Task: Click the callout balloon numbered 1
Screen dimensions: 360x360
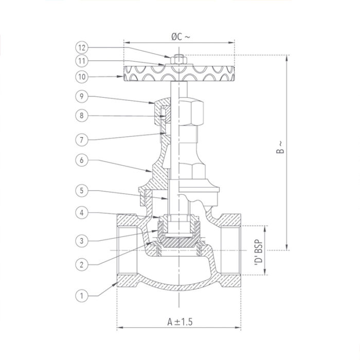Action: [81, 295]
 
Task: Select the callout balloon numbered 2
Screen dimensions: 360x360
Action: [81, 264]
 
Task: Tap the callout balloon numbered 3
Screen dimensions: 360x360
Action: [81, 240]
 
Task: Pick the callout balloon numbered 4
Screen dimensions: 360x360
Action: [81, 212]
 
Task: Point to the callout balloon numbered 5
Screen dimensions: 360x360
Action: [81, 191]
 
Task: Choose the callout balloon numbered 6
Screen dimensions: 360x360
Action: [81, 160]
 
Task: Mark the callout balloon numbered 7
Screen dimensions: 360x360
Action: [81, 139]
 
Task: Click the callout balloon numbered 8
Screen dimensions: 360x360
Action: [81, 116]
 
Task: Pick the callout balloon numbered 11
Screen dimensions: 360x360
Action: [81, 61]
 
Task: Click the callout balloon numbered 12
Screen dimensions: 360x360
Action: [81, 47]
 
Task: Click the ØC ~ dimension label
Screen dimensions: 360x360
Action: [179, 37]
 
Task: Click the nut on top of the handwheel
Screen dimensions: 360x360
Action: [179, 58]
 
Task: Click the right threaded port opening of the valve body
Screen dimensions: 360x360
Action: [229, 250]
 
